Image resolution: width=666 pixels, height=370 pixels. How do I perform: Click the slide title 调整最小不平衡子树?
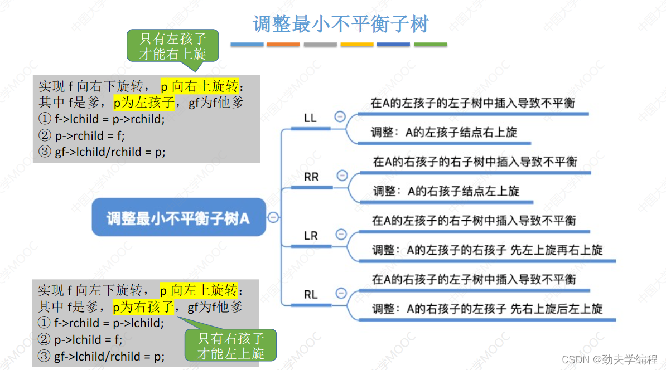[340, 24]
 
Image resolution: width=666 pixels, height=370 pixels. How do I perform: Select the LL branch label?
[310, 118]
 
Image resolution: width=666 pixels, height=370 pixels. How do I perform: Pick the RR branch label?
[311, 177]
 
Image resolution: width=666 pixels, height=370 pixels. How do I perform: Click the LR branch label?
[311, 236]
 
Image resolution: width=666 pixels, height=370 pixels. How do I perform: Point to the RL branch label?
[311, 295]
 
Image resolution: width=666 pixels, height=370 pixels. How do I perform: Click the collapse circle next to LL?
[340, 117]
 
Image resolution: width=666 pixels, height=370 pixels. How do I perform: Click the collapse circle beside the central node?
[273, 217]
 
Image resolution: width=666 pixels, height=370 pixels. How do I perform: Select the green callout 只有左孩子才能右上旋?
[172, 46]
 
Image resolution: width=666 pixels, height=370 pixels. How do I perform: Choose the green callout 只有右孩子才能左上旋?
[230, 345]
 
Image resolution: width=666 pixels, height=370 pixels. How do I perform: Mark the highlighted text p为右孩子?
[143, 306]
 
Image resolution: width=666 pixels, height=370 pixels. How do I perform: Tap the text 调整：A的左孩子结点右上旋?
[445, 133]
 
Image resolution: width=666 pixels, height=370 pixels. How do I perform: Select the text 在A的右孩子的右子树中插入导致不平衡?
[475, 162]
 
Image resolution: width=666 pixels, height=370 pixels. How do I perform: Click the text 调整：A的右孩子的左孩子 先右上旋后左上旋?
[488, 309]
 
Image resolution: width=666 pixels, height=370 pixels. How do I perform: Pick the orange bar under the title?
[283, 45]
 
